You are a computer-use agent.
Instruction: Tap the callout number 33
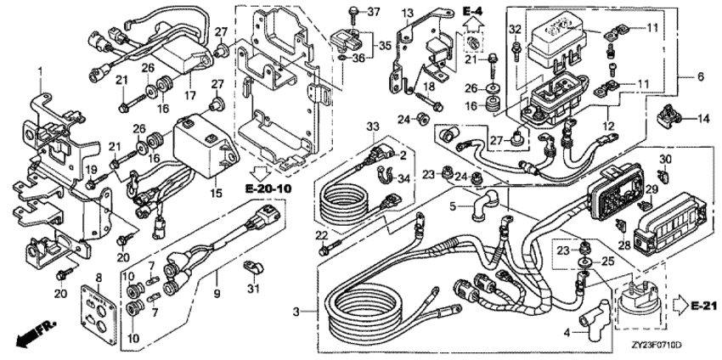tap(371, 127)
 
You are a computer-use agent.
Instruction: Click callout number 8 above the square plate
tap(98, 277)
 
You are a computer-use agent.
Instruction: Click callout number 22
tap(321, 234)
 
